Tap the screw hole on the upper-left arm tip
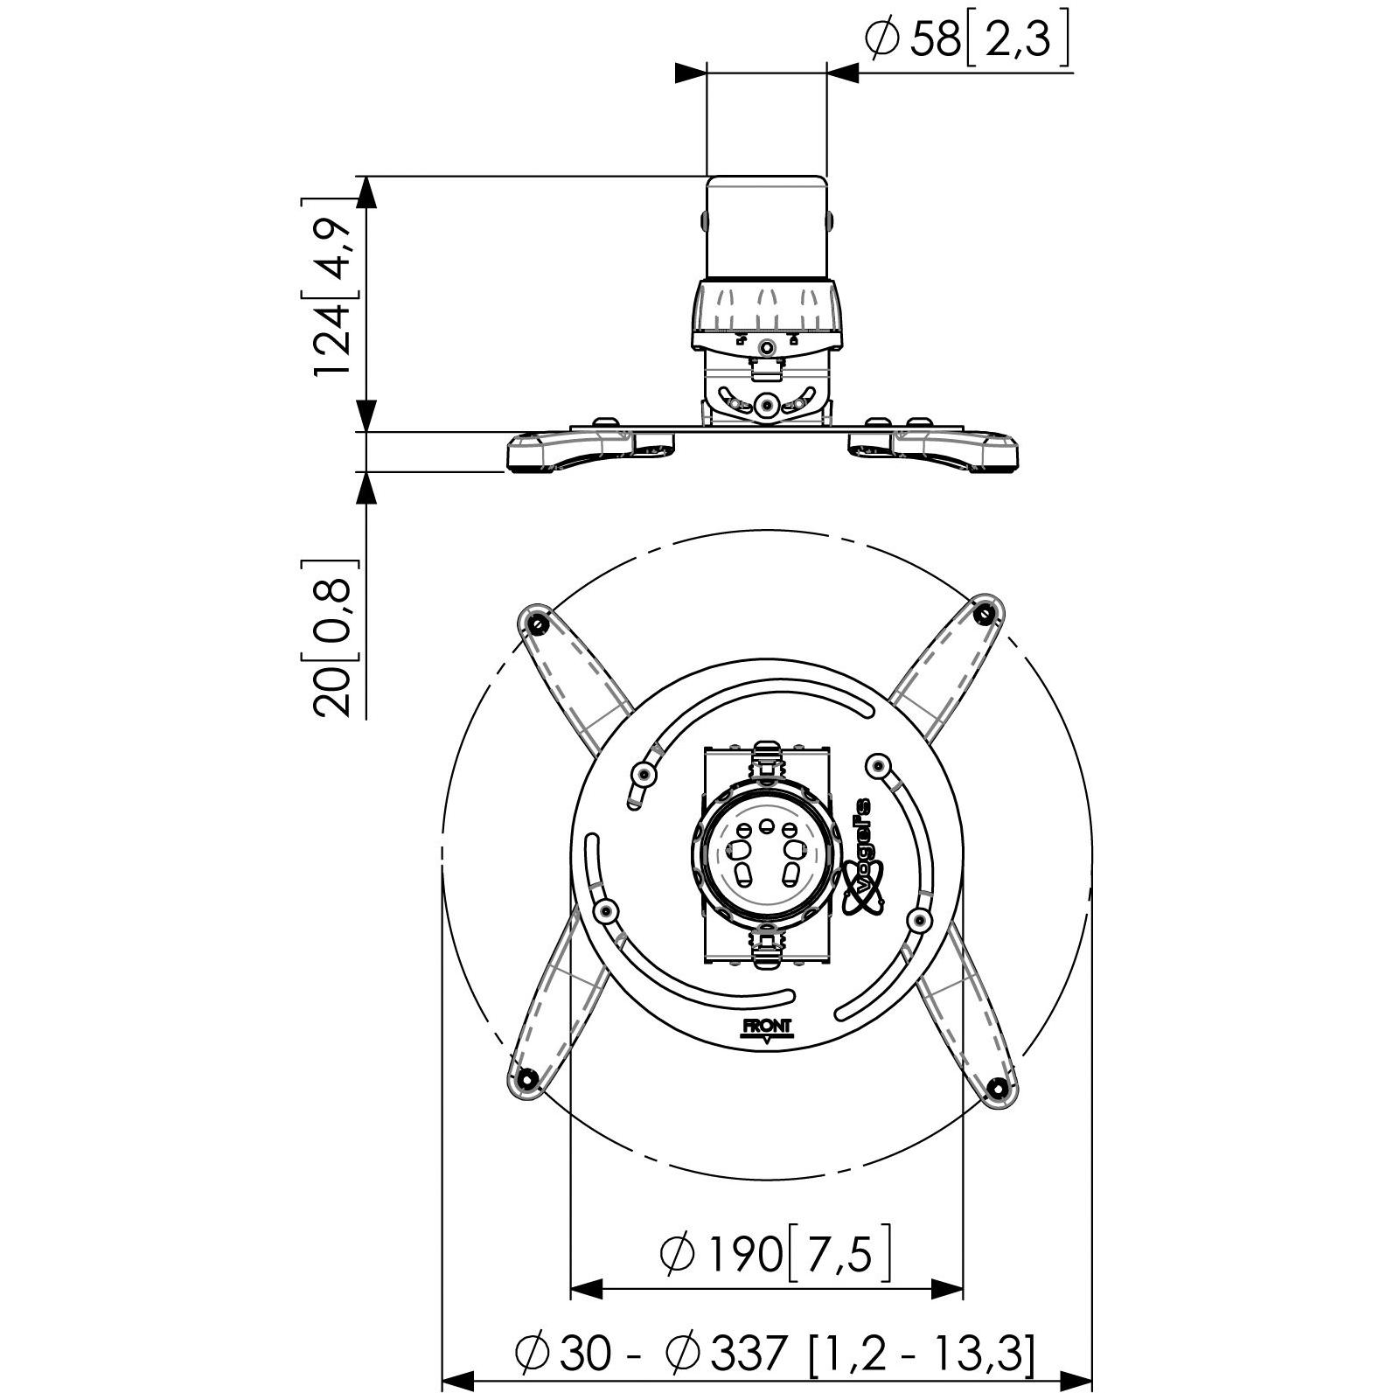coord(536,622)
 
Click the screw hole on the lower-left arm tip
coord(526,1077)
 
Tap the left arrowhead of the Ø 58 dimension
coord(691,73)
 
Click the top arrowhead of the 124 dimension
coord(367,192)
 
